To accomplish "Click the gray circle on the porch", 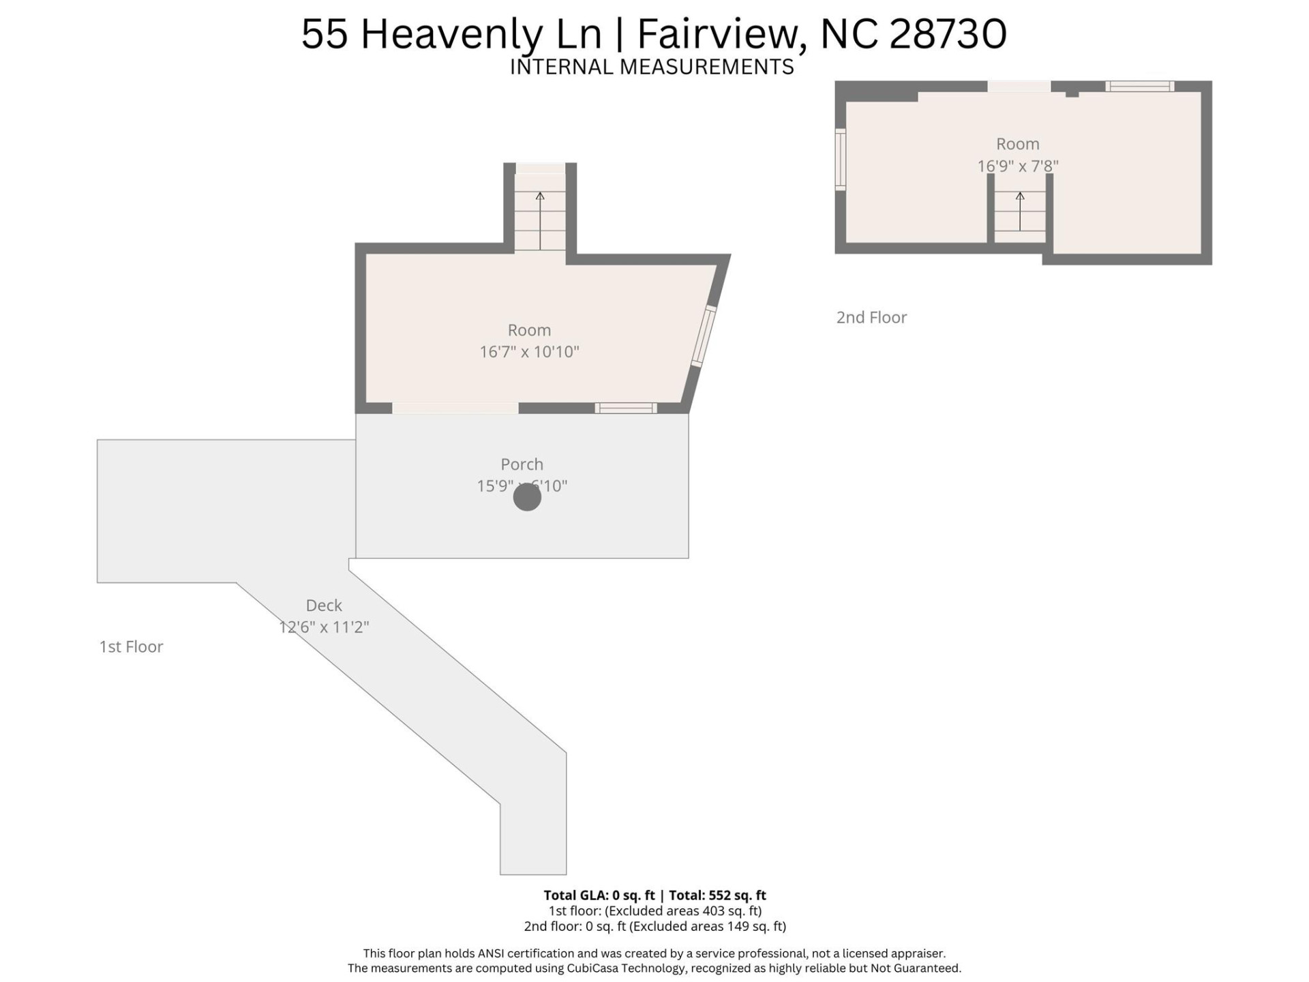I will (x=527, y=497).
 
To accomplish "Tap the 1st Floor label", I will (x=131, y=646).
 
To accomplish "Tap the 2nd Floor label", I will (x=871, y=317).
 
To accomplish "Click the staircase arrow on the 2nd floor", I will (x=1020, y=211).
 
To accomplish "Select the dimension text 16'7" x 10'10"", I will (x=529, y=352).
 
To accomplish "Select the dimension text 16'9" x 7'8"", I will (x=1018, y=166).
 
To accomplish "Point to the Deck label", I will (x=324, y=605).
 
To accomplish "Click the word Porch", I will (x=522, y=464).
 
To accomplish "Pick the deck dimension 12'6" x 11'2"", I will (x=324, y=627).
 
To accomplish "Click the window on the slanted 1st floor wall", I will (x=704, y=336).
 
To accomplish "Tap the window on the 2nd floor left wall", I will (x=841, y=158).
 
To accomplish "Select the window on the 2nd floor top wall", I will (x=1139, y=87).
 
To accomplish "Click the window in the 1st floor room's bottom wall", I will (x=626, y=408).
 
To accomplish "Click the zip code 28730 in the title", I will (x=948, y=34).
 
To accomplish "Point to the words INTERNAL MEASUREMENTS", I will (x=652, y=67).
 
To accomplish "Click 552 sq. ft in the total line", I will (x=737, y=895).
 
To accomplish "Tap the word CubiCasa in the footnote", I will (x=591, y=968).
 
